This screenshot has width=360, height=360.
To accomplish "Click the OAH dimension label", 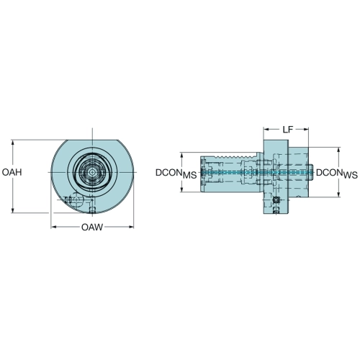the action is coord(12,172).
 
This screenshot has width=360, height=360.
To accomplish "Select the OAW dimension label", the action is coord(92,227).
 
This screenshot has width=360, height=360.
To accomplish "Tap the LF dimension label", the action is coord(287,130).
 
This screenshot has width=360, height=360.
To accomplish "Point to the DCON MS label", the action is coord(176,174).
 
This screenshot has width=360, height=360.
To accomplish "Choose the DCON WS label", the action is coord(337,174).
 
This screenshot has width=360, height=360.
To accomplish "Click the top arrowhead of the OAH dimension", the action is coord(12,143).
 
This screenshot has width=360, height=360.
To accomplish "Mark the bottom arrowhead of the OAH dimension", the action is coord(12,210).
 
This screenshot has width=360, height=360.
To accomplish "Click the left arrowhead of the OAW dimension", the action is coord(53,227).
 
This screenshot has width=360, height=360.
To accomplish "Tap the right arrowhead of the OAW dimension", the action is coord(131,227).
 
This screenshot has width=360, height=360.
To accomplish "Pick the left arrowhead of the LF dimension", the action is coord(266,130).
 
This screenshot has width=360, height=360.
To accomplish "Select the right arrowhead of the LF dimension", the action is coord(306,130).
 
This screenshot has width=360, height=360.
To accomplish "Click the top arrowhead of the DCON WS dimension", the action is coord(338,150).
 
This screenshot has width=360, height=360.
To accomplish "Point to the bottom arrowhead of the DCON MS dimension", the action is coord(182,189).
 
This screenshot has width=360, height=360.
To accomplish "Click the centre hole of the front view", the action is coord(92,172).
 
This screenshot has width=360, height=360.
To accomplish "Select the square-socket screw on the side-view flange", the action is coord(276,199).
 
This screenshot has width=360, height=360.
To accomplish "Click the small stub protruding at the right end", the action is coord(311,172).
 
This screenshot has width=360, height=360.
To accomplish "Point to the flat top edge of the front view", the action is coord(92,140).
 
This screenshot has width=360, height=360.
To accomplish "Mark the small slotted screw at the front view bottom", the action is coord(92,210).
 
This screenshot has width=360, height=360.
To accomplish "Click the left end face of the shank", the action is coord(201,172).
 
